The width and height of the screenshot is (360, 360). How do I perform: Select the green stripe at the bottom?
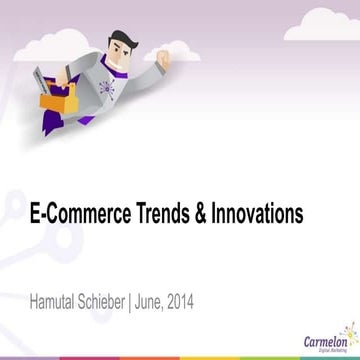point(180,357)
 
